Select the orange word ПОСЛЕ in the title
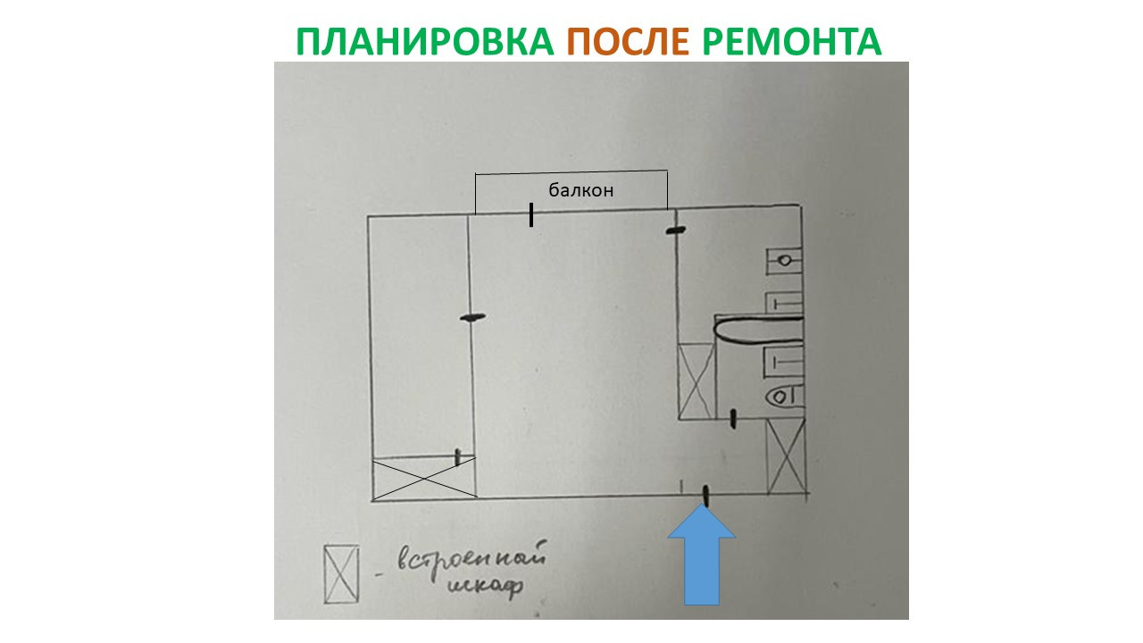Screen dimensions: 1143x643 (x=629, y=41)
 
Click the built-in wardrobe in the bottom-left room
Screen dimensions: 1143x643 (x=422, y=479)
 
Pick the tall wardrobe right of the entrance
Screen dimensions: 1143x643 (x=787, y=456)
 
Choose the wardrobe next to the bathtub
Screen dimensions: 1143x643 (x=697, y=381)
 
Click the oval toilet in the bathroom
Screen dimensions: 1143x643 (x=783, y=394)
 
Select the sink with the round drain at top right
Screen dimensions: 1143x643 (x=785, y=260)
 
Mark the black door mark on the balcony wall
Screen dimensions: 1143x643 (x=531, y=214)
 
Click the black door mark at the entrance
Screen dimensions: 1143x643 (x=705, y=494)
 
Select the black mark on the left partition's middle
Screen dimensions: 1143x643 (x=472, y=317)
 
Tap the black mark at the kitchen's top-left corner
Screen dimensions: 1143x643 (x=676, y=231)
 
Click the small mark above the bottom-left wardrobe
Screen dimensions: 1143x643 (x=458, y=457)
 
